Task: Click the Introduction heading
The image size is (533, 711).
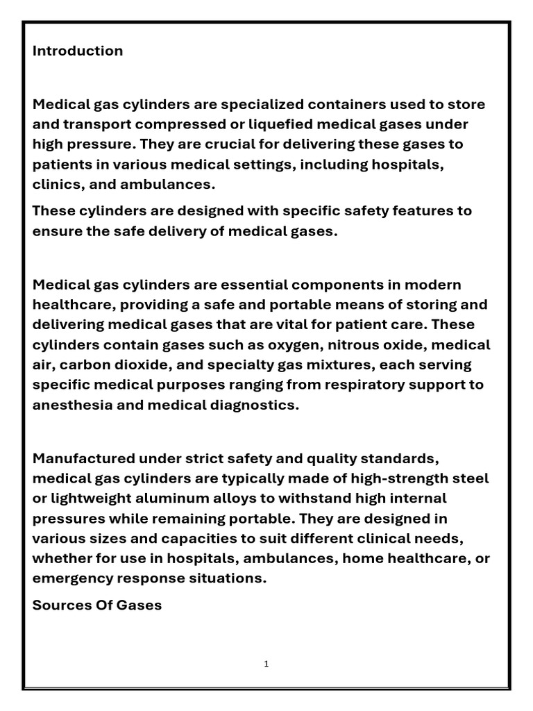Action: pos(78,51)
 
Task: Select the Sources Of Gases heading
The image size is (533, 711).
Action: pos(97,605)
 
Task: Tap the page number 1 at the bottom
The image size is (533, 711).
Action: pos(266,664)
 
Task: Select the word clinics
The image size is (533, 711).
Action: pos(54,185)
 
